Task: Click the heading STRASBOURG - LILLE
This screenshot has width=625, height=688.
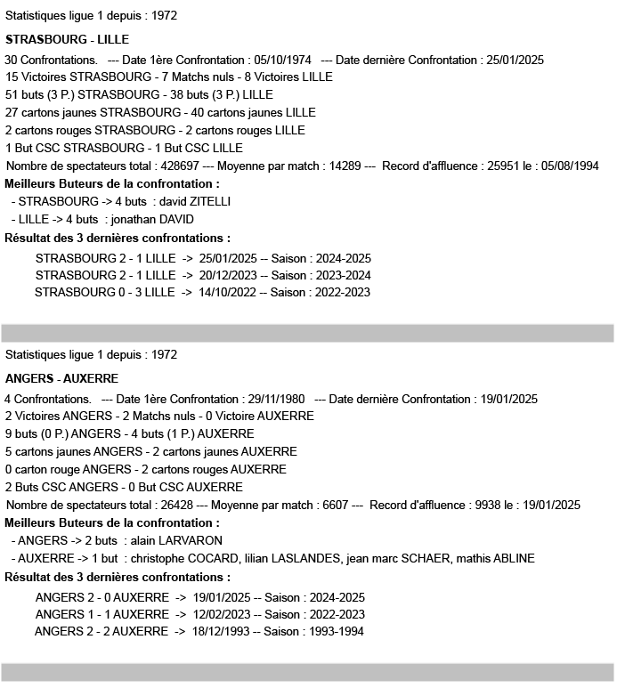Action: (x=67, y=40)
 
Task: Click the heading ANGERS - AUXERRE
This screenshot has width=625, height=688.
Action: (x=61, y=378)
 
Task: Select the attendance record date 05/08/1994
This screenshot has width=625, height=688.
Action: (x=567, y=166)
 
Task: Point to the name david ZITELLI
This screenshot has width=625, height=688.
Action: (x=195, y=202)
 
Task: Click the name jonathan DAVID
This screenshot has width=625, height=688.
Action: (x=152, y=220)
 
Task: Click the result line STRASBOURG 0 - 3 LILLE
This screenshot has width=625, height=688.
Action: (x=105, y=293)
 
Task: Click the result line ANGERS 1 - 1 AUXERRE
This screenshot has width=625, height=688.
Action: (x=101, y=614)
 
